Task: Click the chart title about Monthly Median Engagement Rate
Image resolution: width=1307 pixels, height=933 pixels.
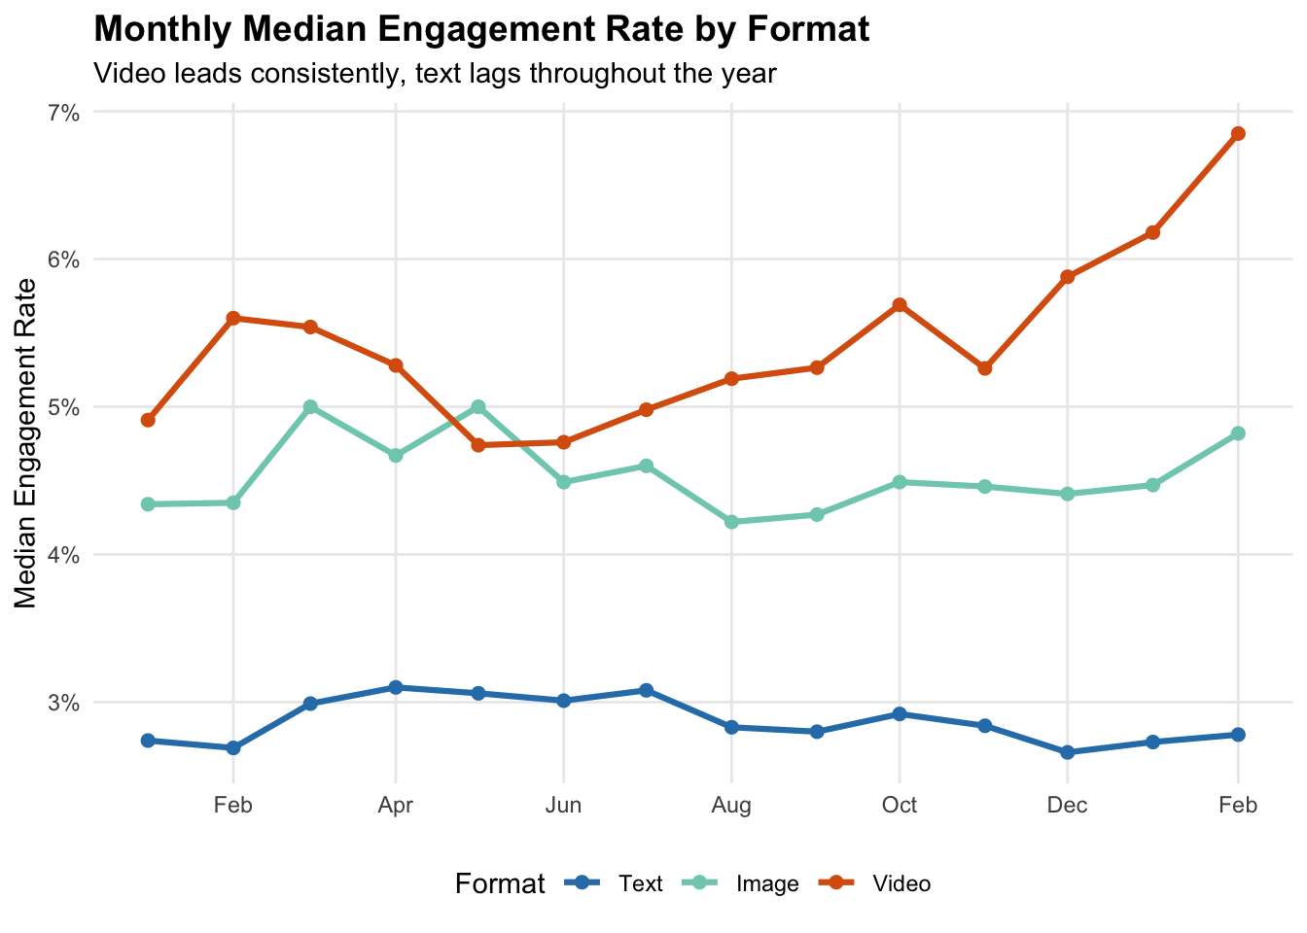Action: point(481,29)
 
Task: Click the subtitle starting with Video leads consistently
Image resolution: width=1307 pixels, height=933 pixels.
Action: point(435,73)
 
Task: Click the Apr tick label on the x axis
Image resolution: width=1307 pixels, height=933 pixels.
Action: point(396,805)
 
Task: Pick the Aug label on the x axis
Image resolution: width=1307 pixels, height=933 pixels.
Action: point(731,805)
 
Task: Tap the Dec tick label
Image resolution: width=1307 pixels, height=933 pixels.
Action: point(1068,805)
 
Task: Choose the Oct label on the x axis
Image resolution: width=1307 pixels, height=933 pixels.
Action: point(900,805)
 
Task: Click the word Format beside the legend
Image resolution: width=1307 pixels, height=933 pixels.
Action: point(500,883)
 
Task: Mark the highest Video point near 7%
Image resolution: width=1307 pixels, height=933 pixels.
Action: point(1238,134)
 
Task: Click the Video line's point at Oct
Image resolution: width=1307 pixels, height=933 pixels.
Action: point(900,305)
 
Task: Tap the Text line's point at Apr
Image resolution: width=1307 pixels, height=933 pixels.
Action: point(396,687)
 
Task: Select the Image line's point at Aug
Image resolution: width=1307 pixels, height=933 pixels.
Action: point(731,522)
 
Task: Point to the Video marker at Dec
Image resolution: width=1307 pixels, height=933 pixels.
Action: point(1068,277)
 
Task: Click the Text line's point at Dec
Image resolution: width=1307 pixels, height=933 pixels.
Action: point(1068,752)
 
